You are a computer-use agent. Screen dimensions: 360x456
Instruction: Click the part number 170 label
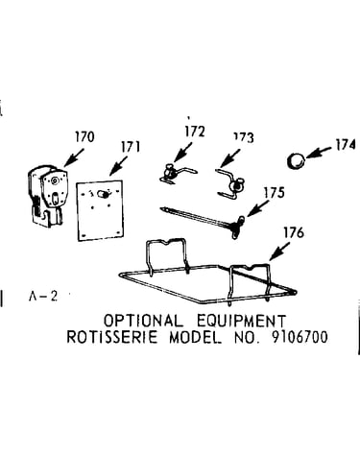coord(84,137)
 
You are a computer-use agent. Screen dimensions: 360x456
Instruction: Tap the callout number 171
coord(131,147)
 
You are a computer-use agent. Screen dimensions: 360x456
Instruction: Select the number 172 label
coord(195,132)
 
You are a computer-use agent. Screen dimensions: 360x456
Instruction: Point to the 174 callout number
coord(346,145)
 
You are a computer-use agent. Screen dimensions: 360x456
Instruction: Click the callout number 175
coord(274,193)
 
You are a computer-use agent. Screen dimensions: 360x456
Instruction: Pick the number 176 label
coord(294,232)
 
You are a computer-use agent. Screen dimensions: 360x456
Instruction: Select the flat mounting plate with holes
coord(100,210)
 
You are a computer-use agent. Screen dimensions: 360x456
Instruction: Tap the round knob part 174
coord(296,161)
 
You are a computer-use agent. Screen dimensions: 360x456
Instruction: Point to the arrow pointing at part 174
coord(319,153)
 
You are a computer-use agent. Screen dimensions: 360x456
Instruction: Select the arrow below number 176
coord(279,252)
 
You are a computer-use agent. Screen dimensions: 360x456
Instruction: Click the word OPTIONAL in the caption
coord(144,321)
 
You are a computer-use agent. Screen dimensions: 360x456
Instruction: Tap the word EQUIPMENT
coord(241,321)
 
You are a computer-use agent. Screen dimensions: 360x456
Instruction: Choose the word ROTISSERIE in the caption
coord(112,337)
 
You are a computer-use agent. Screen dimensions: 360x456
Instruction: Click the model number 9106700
coord(300,337)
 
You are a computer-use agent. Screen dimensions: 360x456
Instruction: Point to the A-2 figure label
coord(43,297)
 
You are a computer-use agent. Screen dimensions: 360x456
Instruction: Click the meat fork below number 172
coord(178,174)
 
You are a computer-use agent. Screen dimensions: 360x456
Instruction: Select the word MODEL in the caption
coord(195,337)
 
